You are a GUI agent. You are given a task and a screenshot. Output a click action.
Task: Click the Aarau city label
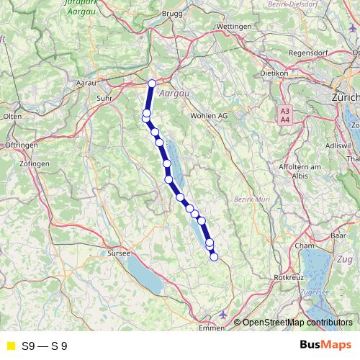point(86,84)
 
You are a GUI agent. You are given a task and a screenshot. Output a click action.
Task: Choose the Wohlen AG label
point(209,115)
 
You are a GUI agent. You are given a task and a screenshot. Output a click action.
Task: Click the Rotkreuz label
point(288,276)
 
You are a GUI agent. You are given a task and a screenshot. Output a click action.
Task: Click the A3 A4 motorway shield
point(285,115)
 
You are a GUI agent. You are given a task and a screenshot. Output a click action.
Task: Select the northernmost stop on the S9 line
point(152,84)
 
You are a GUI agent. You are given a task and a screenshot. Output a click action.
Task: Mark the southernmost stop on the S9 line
point(214,256)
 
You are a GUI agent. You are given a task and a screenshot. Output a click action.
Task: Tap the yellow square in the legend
point(10,346)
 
